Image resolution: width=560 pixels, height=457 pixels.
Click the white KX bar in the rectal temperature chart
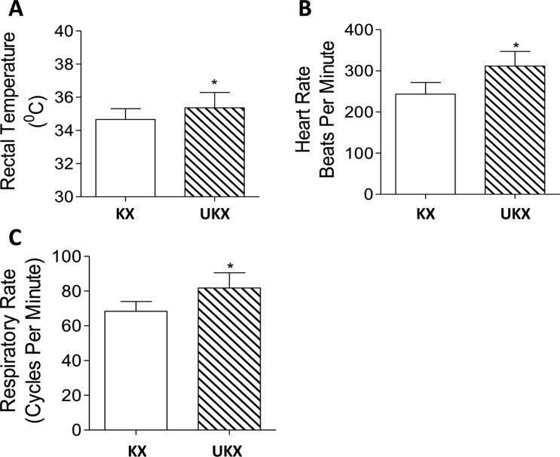point(124,158)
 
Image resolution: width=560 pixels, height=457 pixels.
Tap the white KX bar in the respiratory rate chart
point(136,370)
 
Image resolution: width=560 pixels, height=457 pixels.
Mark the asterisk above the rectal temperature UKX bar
point(215,81)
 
